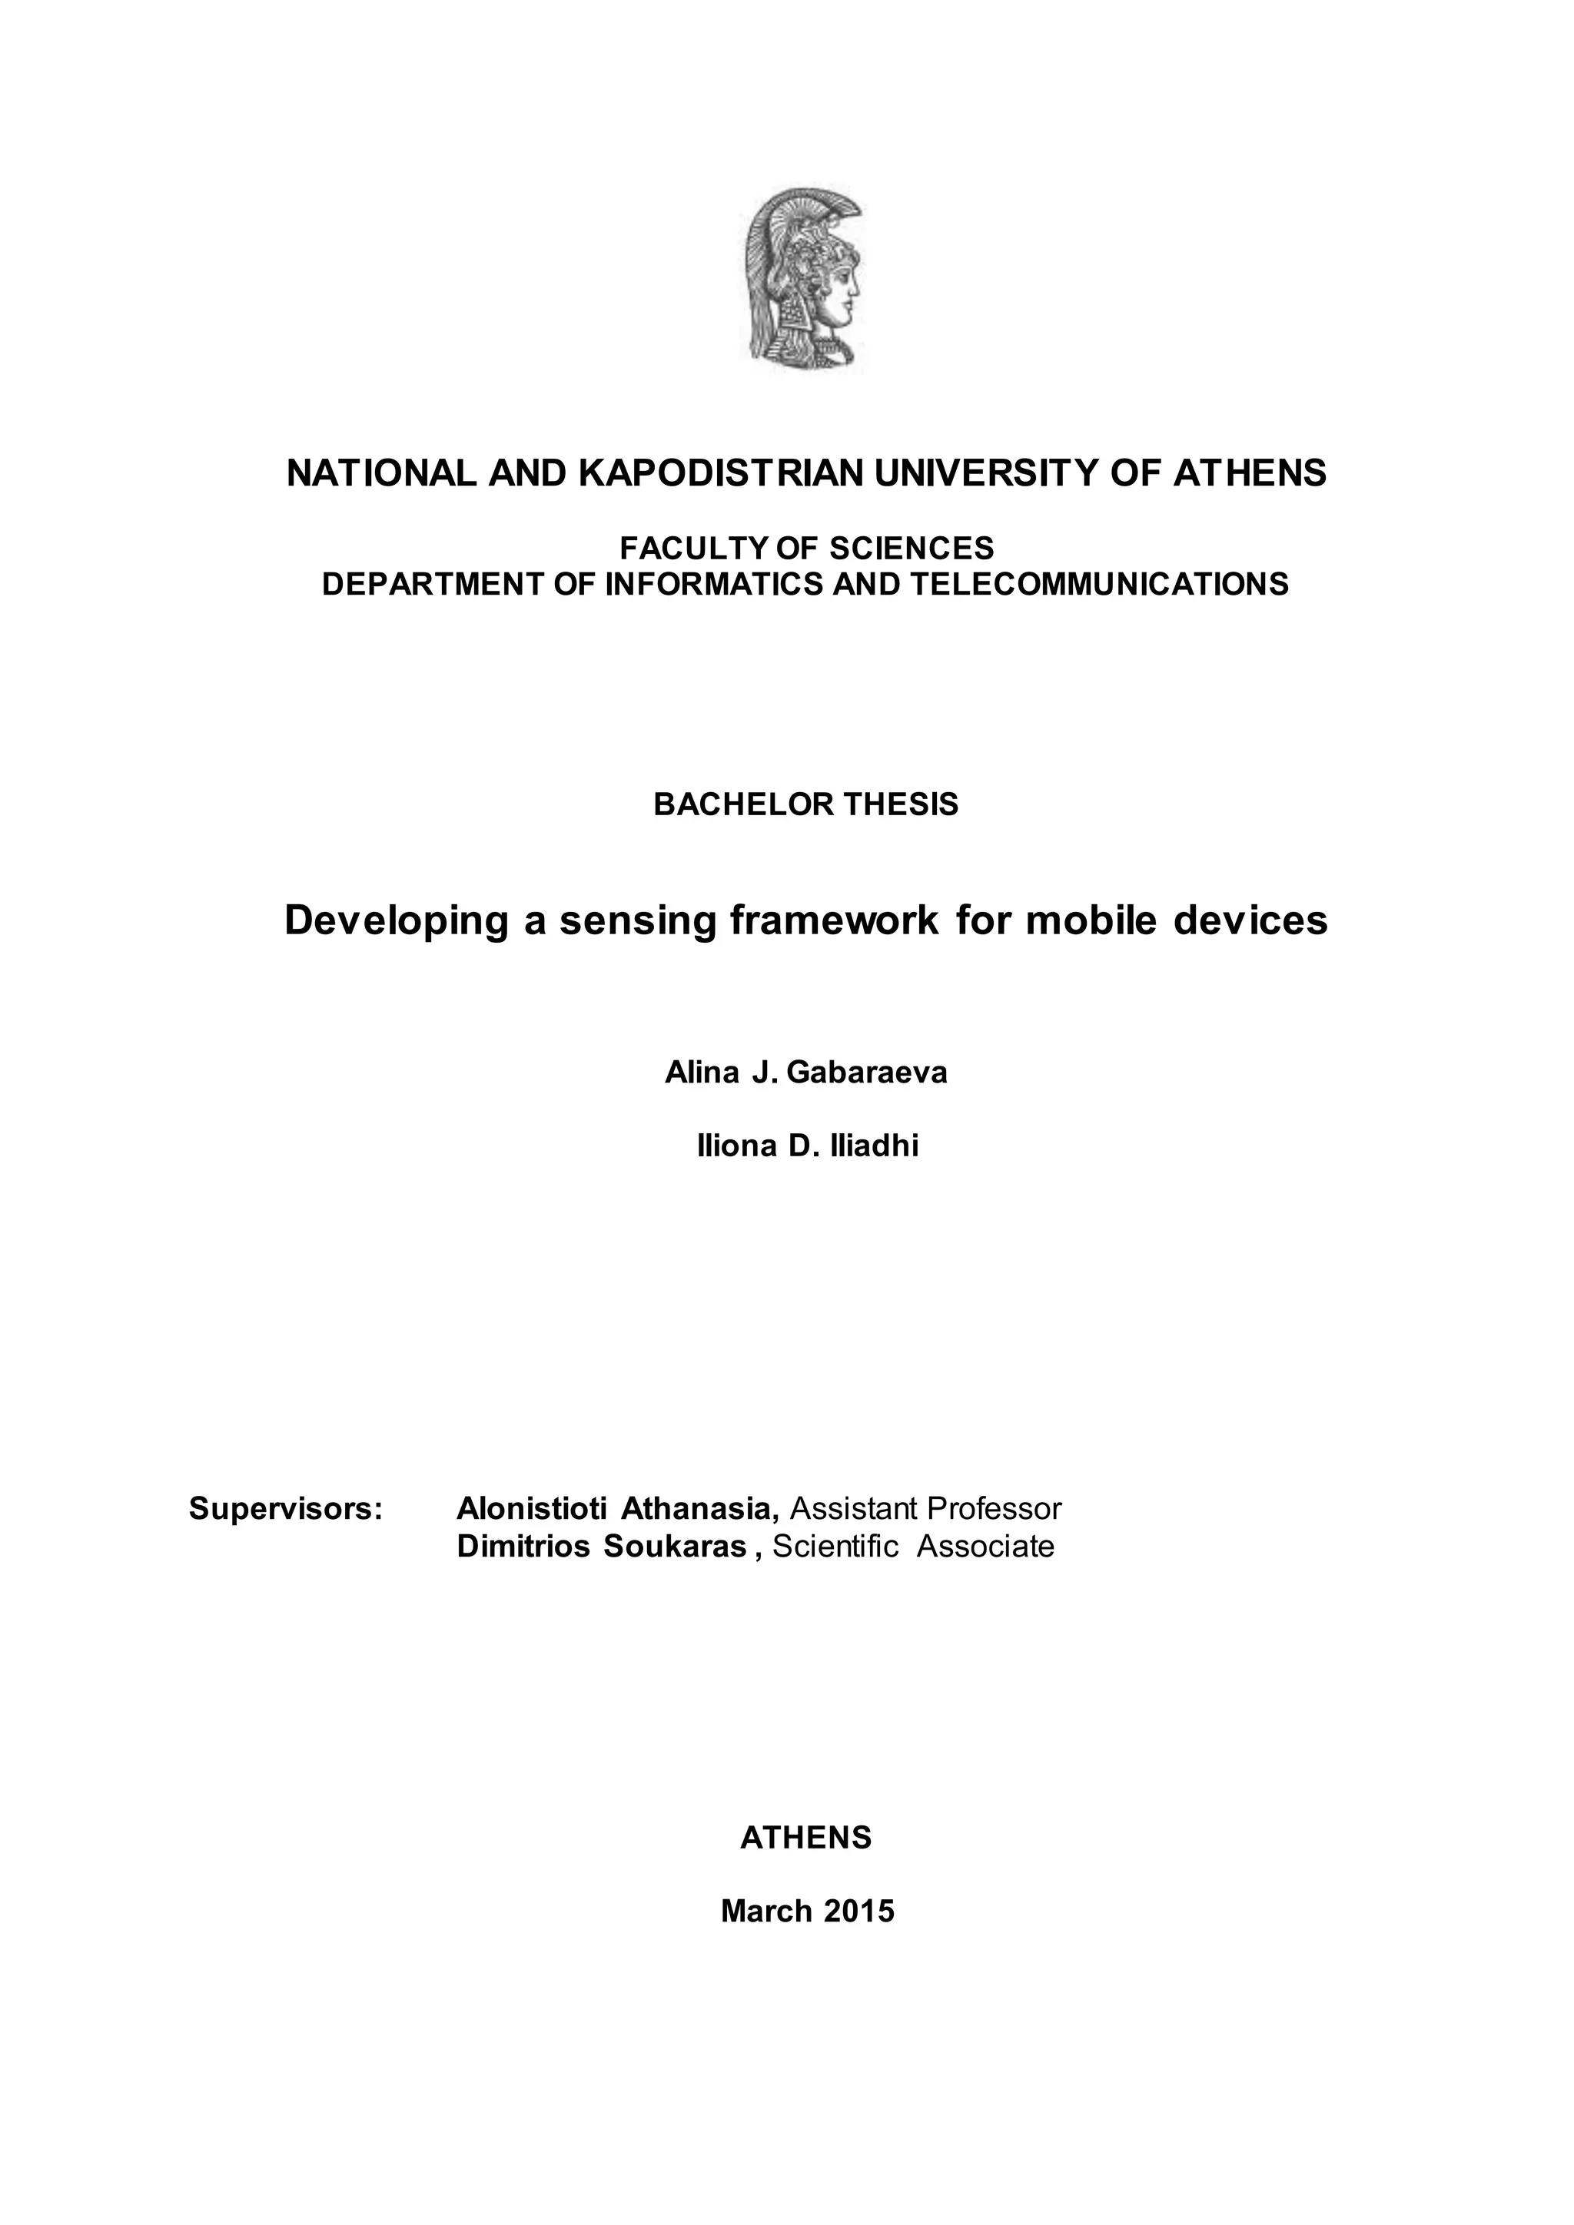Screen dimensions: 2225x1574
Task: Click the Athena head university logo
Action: (x=803, y=277)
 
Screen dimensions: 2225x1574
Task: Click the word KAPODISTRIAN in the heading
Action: (x=720, y=473)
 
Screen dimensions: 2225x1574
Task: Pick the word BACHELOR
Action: (x=743, y=804)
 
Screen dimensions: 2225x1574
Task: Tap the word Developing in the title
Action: (x=397, y=920)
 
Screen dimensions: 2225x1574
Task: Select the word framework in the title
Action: (x=835, y=920)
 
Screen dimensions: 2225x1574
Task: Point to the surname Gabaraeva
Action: (x=866, y=1073)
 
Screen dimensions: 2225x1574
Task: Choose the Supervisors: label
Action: (x=286, y=1509)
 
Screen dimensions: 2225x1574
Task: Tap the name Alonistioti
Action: (x=532, y=1509)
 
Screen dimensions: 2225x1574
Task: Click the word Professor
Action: (x=995, y=1509)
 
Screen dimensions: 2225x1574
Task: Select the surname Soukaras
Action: (x=675, y=1547)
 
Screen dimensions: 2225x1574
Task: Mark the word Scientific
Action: (x=835, y=1547)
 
